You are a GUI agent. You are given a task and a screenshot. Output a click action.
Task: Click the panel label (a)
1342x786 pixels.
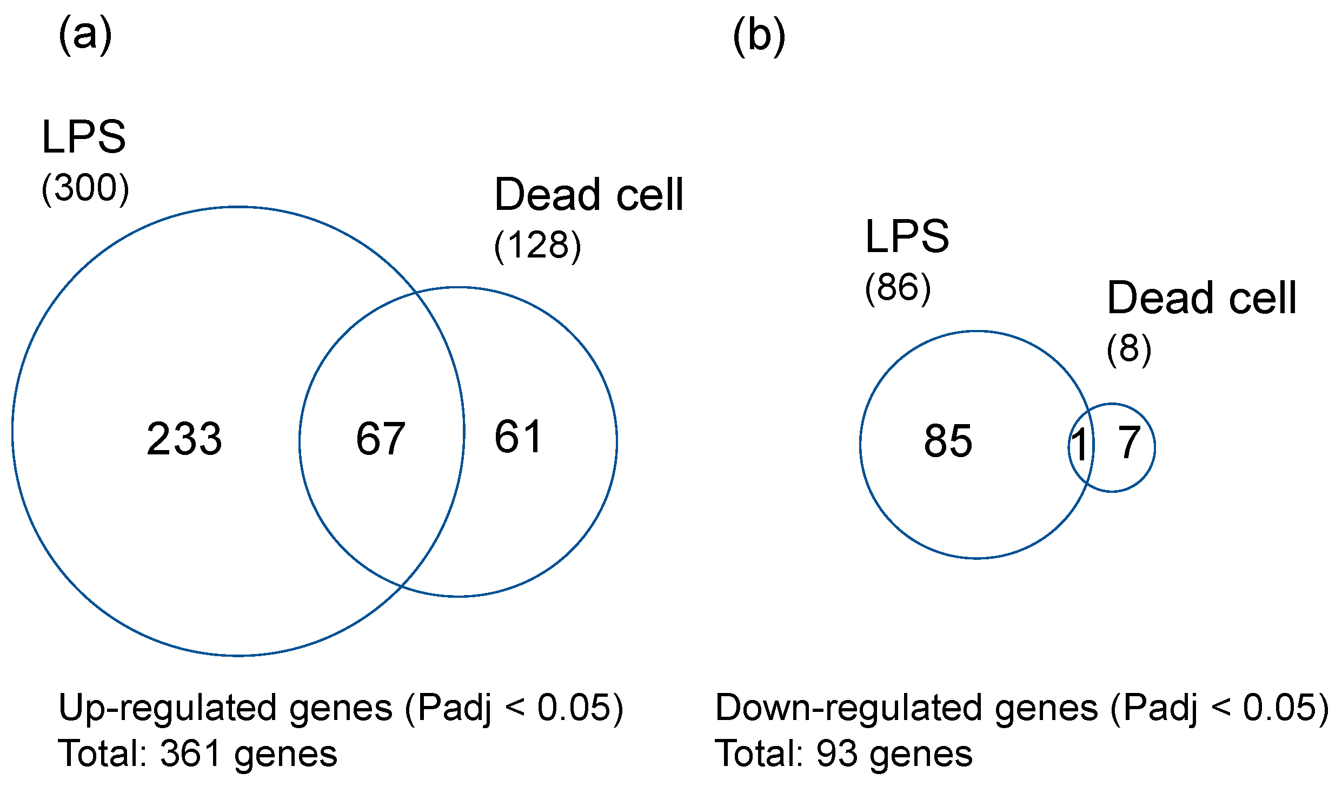pyautogui.click(x=85, y=35)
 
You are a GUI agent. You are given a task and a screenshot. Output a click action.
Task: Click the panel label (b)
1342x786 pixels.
pyautogui.click(x=759, y=36)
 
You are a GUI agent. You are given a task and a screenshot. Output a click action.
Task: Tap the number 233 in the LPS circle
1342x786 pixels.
pyautogui.click(x=184, y=439)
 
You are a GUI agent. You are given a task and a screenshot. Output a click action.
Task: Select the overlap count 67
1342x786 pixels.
pyautogui.click(x=381, y=439)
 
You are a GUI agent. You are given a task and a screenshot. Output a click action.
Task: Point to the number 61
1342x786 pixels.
pyautogui.click(x=518, y=437)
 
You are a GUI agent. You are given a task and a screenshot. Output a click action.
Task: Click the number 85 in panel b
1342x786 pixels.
pyautogui.click(x=948, y=441)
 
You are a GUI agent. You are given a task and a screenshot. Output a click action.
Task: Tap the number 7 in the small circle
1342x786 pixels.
pyautogui.click(x=1129, y=443)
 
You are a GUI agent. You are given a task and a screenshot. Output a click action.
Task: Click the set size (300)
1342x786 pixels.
pyautogui.click(x=85, y=189)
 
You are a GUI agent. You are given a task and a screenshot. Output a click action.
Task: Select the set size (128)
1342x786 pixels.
pyautogui.click(x=537, y=246)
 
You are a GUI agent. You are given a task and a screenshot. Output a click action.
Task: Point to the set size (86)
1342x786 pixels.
pyautogui.click(x=898, y=288)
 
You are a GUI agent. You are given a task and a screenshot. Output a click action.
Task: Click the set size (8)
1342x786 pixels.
pyautogui.click(x=1128, y=349)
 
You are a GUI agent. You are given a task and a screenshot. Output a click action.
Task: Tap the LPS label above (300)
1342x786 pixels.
pyautogui.click(x=84, y=137)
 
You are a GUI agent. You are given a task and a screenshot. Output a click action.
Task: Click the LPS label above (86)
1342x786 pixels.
pyautogui.click(x=907, y=237)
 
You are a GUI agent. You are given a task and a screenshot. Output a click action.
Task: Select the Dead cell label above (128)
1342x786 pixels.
pyautogui.click(x=589, y=195)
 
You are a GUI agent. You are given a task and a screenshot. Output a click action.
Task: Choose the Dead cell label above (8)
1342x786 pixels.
pyautogui.click(x=1201, y=298)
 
